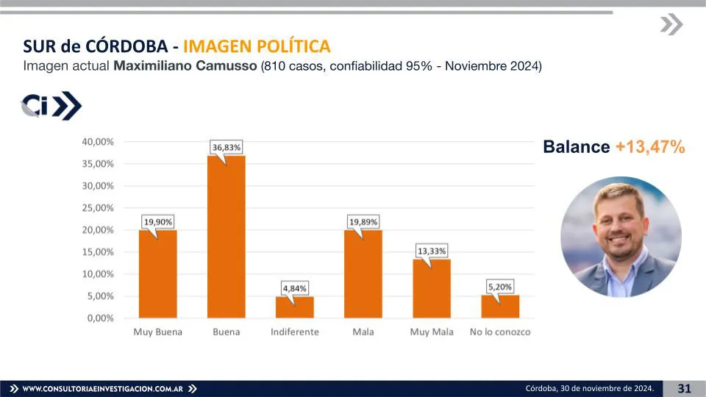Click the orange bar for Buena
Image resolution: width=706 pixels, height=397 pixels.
[227, 237]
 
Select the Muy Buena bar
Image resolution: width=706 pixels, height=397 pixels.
[157, 273]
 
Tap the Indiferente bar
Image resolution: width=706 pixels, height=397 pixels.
[294, 307]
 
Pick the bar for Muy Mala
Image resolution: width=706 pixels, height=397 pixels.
[431, 288]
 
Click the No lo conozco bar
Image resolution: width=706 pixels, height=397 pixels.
[500, 307]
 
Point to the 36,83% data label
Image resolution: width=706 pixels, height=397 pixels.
[227, 148]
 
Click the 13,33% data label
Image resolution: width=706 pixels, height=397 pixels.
[432, 251]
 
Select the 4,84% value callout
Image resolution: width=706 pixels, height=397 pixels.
[294, 287]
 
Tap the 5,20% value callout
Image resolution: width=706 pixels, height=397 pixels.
[500, 286]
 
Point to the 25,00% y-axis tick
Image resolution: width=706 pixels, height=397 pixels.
[97, 207]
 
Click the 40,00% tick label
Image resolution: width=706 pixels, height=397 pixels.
[97, 141]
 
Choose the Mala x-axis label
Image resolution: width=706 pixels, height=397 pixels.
[363, 332]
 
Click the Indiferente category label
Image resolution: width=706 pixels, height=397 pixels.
[294, 332]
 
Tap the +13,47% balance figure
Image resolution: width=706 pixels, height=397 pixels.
[650, 147]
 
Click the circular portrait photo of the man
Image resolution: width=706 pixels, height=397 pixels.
[621, 237]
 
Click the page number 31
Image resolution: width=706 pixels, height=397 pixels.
[684, 388]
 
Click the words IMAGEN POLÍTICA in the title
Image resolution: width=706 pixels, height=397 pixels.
[257, 46]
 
